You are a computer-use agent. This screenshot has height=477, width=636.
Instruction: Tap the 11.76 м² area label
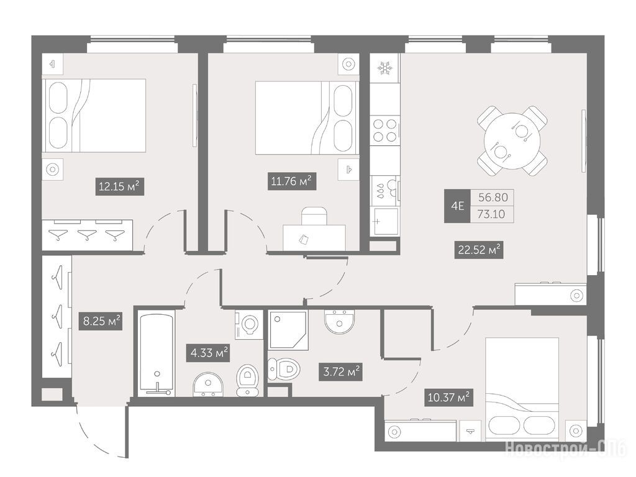pyautogui.click(x=292, y=181)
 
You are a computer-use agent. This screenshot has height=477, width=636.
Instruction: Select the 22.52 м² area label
pyautogui.click(x=479, y=250)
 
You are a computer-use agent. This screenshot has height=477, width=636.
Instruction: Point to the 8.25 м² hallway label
pyautogui.click(x=100, y=321)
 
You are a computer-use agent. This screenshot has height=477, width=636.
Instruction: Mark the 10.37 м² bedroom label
pyautogui.click(x=449, y=397)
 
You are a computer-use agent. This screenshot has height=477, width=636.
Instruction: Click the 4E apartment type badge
pyautogui.click(x=457, y=206)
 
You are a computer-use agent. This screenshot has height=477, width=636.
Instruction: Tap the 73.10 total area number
pyautogui.click(x=491, y=214)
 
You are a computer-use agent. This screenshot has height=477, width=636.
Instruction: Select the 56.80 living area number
pyautogui.click(x=493, y=198)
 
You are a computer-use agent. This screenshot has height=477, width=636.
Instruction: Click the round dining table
pyautogui.click(x=512, y=140)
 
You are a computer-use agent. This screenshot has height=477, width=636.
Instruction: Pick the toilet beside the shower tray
pyautogui.click(x=284, y=369)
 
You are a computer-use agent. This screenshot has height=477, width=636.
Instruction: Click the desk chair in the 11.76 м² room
pyautogui.click(x=314, y=216)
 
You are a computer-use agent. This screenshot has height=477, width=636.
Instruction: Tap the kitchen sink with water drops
pyautogui.click(x=385, y=191)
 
